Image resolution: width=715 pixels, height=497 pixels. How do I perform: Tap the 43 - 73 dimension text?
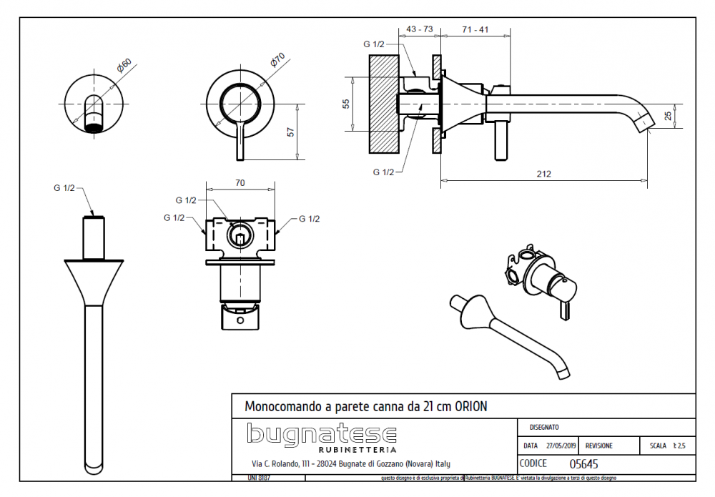pyautogui.click(x=419, y=29)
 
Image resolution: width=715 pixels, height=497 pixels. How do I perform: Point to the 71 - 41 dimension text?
pyautogui.click(x=475, y=29)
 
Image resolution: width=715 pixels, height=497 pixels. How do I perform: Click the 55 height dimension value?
pyautogui.click(x=346, y=104)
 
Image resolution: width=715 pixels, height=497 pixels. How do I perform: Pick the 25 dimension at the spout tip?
pyautogui.click(x=668, y=115)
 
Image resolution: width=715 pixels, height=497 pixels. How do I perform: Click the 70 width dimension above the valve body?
pyautogui.click(x=240, y=184)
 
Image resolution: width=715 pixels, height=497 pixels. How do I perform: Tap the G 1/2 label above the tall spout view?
pyautogui.click(x=64, y=187)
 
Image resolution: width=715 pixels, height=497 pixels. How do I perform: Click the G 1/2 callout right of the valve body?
pyautogui.click(x=309, y=219)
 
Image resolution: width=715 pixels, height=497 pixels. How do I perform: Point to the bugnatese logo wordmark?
pyautogui.click(x=322, y=433)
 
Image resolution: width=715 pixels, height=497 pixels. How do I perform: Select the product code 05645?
pyautogui.click(x=583, y=463)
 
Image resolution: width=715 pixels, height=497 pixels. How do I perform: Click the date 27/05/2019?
pyautogui.click(x=559, y=446)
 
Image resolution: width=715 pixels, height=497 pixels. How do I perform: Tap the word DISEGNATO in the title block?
pyautogui.click(x=544, y=427)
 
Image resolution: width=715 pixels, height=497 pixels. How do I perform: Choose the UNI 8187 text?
pyautogui.click(x=258, y=477)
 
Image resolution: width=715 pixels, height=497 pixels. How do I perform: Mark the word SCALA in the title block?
pyautogui.click(x=658, y=446)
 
